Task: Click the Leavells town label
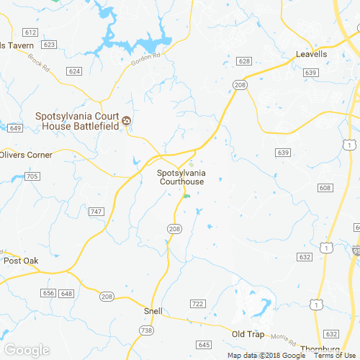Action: click(312, 54)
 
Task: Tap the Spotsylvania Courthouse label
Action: click(181, 178)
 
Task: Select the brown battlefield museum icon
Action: click(127, 120)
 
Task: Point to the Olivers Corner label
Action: click(26, 155)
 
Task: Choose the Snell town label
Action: click(153, 311)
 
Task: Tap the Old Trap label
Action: click(248, 334)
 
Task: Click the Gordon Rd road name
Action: click(144, 60)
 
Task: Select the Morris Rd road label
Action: click(279, 337)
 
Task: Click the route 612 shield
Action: click(30, 32)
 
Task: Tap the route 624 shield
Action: click(74, 71)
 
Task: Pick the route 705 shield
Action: click(32, 176)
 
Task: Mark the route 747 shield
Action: click(96, 211)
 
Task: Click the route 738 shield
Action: click(146, 329)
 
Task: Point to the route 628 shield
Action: click(245, 61)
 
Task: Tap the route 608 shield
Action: click(325, 188)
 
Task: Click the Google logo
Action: click(26, 351)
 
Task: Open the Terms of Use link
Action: click(333, 356)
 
